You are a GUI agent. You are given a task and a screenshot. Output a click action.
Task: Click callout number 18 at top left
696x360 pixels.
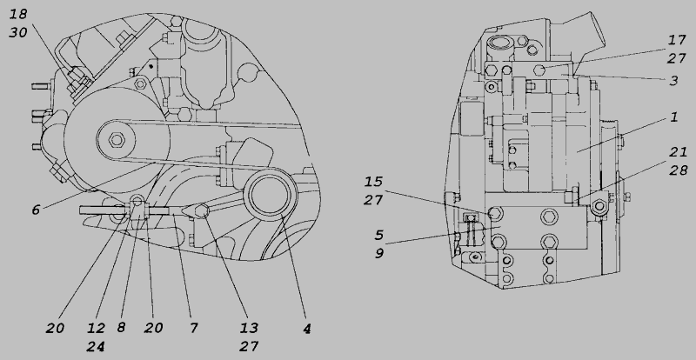point(18,14)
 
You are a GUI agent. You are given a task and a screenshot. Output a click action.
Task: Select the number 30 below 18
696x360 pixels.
point(18,32)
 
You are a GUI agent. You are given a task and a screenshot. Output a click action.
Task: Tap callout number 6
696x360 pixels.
point(36,210)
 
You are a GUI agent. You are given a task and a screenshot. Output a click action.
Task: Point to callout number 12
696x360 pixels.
point(96,328)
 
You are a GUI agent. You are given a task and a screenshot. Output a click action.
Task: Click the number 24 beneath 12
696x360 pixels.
point(96,346)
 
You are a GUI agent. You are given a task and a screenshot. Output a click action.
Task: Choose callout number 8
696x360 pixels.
point(121,328)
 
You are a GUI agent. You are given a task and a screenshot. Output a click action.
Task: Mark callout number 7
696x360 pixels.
point(193,328)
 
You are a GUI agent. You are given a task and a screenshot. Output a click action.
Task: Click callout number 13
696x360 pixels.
point(249,328)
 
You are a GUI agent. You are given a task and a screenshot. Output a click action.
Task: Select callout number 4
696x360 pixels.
point(307,329)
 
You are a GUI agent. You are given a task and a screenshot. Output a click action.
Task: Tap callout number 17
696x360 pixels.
point(677,40)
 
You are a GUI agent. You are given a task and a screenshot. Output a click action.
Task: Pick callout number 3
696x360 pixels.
point(673,80)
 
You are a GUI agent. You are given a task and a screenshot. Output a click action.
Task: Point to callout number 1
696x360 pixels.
point(673,117)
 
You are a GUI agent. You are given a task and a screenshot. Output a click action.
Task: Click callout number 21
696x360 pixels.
point(678,152)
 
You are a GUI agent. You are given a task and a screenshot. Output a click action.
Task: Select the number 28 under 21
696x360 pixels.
point(679,170)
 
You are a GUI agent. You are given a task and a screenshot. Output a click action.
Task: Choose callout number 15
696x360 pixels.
point(373,182)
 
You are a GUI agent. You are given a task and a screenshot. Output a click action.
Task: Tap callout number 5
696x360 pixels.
point(378,235)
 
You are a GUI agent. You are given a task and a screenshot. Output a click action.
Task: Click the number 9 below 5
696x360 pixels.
point(378,253)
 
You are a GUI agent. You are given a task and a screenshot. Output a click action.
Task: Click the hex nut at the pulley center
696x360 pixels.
point(117,140)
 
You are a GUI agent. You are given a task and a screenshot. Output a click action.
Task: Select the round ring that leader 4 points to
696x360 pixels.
point(271,197)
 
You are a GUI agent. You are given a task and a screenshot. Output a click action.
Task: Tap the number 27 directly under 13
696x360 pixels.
point(249,346)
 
